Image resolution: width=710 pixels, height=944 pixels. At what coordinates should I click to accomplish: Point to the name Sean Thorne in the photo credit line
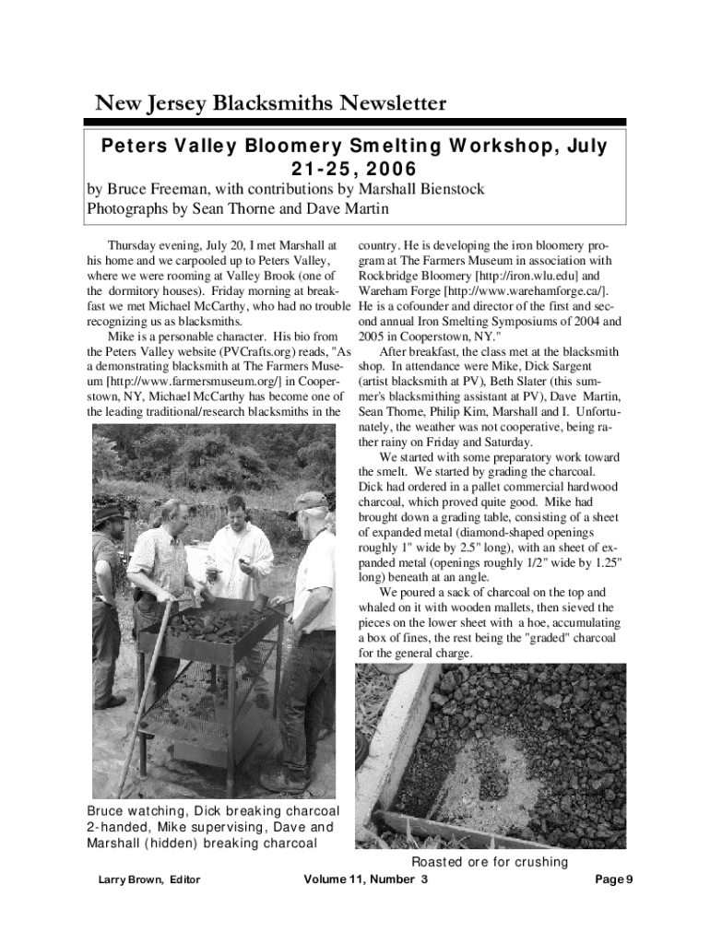pyautogui.click(x=231, y=209)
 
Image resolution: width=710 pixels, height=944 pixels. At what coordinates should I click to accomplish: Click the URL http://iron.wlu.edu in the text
pyautogui.click(x=522, y=276)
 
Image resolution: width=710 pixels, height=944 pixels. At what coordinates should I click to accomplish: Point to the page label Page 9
pyautogui.click(x=613, y=879)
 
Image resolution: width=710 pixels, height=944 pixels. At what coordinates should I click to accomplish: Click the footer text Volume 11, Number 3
pyautogui.click(x=365, y=879)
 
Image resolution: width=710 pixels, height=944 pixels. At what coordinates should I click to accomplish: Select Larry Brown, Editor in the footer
pyautogui.click(x=149, y=879)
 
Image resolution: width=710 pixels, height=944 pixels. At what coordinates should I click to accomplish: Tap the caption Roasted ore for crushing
pyautogui.click(x=490, y=862)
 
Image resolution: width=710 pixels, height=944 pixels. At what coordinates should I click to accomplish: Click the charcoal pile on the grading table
pyautogui.click(x=212, y=627)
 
